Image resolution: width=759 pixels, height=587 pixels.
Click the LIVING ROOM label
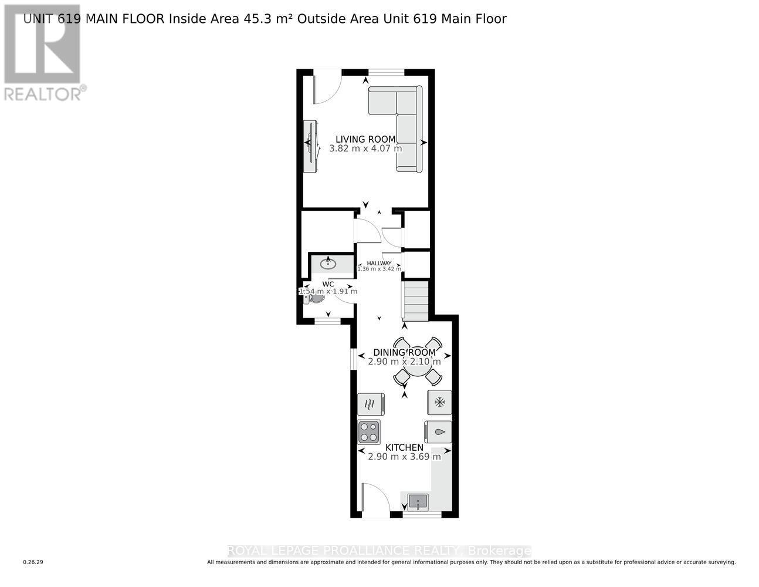tap(365, 139)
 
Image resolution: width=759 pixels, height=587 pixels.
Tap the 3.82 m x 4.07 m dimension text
tap(365, 149)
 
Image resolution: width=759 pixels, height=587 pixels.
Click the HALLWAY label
tap(379, 263)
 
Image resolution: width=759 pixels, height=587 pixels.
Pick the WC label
tap(328, 284)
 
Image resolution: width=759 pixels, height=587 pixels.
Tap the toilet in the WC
tap(314, 298)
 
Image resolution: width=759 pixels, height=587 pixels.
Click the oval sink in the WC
tap(328, 264)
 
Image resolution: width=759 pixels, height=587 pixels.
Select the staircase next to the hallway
tap(416, 301)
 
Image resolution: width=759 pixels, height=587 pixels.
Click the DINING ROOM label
tap(404, 352)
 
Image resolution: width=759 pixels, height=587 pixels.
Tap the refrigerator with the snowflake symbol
tap(439, 402)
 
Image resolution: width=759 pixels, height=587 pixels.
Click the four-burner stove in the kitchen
tap(369, 432)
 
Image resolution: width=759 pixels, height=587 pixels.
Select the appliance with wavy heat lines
tap(371, 404)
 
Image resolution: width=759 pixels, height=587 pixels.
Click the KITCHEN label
tap(404, 447)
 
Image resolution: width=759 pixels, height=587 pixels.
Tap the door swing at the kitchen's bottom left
tap(376, 499)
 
